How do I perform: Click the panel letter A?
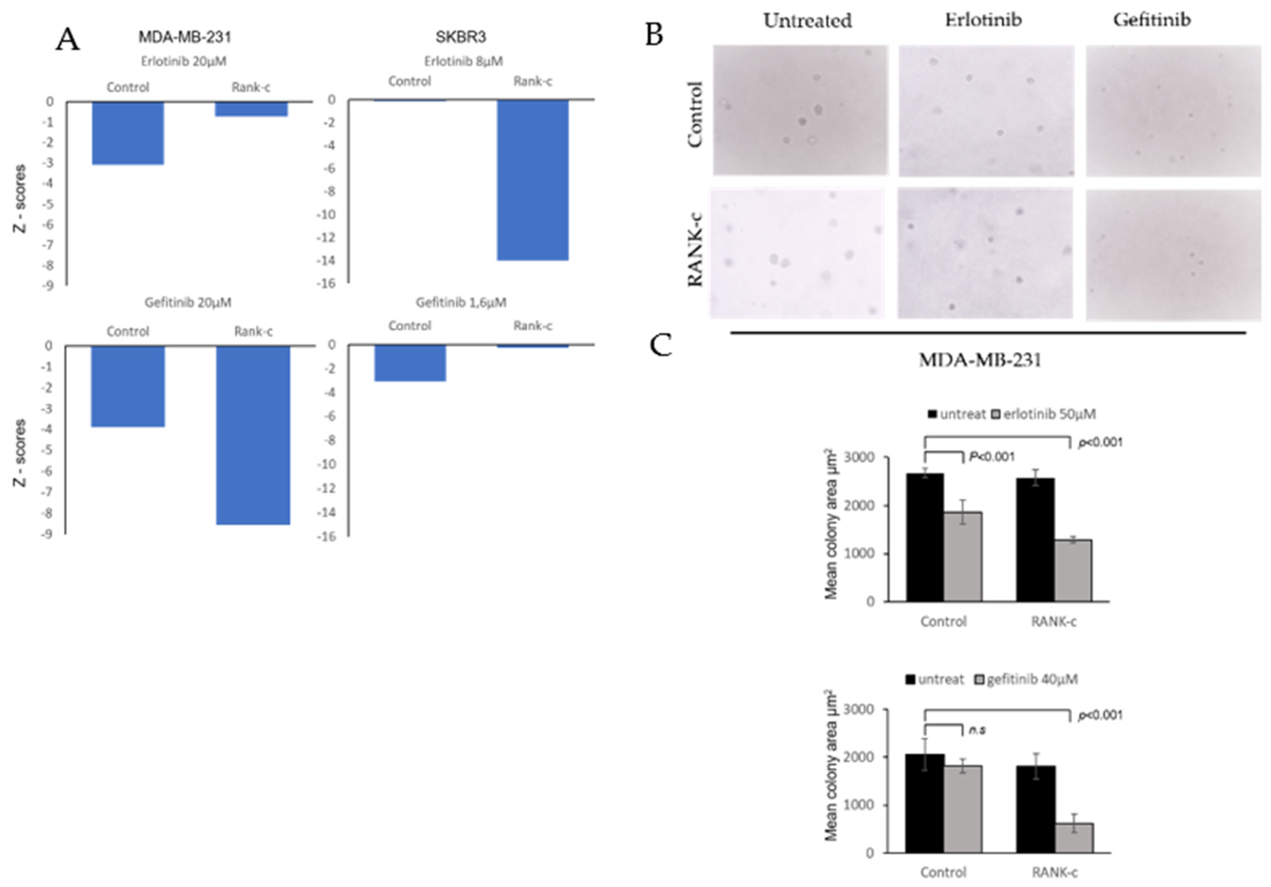click(x=68, y=40)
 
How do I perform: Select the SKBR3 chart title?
click(x=461, y=37)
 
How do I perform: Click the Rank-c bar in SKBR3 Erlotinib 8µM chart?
click(x=532, y=180)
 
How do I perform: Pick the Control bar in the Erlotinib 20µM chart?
click(x=128, y=133)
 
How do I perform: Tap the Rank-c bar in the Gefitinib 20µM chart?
click(x=253, y=434)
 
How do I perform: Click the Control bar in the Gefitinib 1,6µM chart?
click(x=410, y=363)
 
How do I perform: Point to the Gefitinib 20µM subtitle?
click(x=188, y=302)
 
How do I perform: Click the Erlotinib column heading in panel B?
click(x=983, y=20)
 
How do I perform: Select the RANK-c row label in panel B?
click(x=695, y=250)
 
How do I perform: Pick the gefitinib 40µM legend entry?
click(x=1026, y=679)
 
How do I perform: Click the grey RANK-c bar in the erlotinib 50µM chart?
click(x=1073, y=570)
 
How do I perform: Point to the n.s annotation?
click(x=977, y=730)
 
